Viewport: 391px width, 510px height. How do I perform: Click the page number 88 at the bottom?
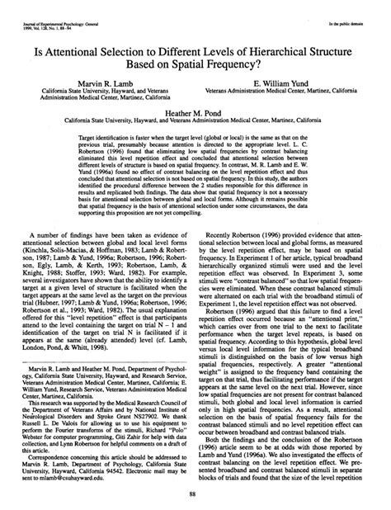coord(195,494)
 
